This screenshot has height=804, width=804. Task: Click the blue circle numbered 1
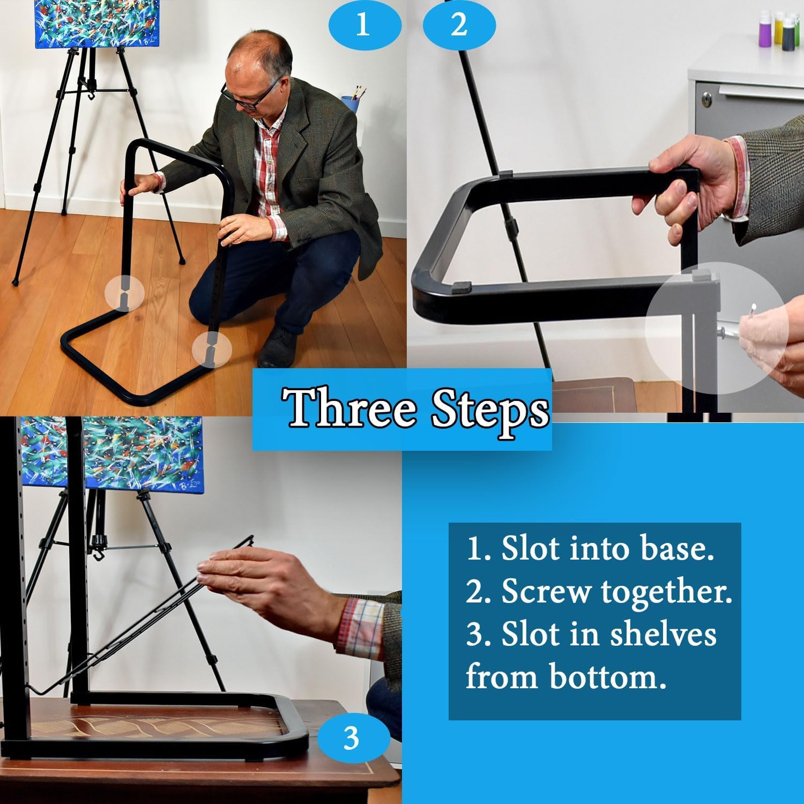(x=364, y=25)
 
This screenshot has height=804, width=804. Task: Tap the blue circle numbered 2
(x=459, y=25)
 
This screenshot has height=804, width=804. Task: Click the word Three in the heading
(x=351, y=409)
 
